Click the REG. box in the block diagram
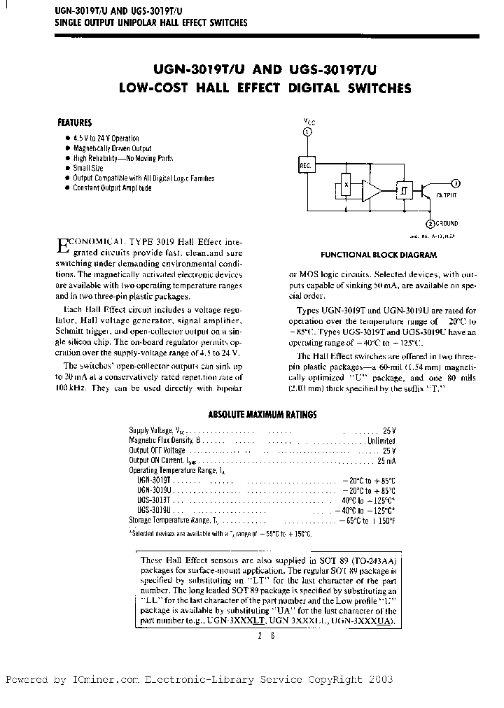[x=306, y=165]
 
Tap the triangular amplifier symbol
[x=373, y=190]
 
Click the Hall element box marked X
[x=345, y=186]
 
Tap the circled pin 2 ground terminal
[x=430, y=223]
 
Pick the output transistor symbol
[x=426, y=190]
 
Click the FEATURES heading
[x=75, y=122]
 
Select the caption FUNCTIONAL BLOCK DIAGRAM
[x=379, y=255]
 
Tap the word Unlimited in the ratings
[x=381, y=441]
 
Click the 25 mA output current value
[x=386, y=462]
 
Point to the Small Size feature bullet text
[x=88, y=169]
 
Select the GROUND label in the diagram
[x=447, y=224]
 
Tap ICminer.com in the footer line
[x=103, y=679]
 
